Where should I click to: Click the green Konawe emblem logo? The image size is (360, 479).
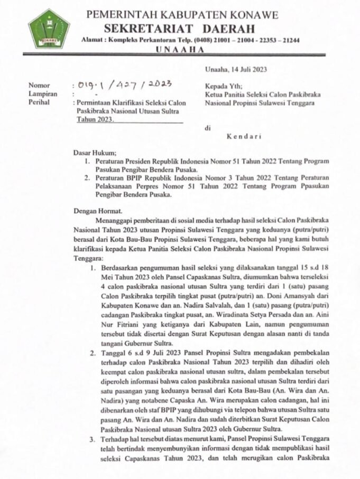[x=49, y=29]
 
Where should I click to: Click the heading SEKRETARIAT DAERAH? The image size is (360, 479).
[x=179, y=28]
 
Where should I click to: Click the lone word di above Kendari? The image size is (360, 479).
[x=208, y=128]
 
